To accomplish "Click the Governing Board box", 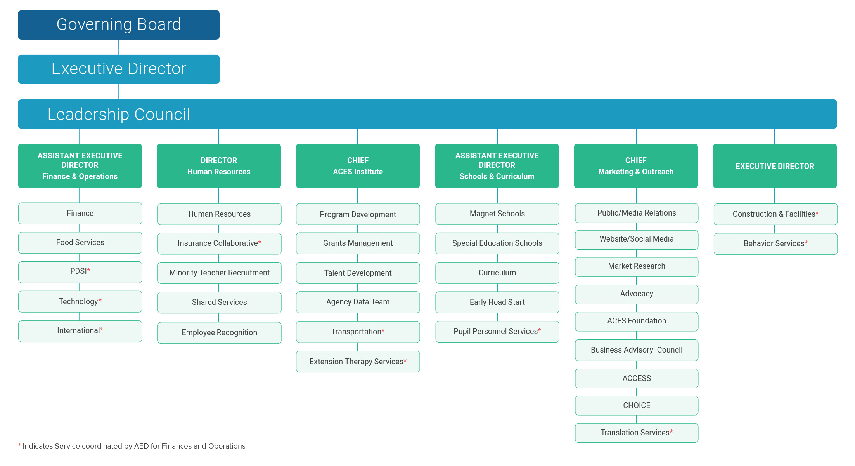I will click(119, 25).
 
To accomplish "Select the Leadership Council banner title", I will click(119, 114).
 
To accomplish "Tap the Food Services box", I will click(80, 243).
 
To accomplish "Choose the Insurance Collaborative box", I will click(219, 243).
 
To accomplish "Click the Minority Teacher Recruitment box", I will click(219, 273).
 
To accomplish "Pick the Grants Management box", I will click(358, 243).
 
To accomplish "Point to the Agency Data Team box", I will click(358, 302).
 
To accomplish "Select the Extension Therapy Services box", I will click(358, 362).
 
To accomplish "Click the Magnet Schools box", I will click(497, 214).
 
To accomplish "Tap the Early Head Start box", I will click(497, 302).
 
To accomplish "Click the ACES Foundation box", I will click(636, 321).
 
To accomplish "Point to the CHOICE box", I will click(636, 405).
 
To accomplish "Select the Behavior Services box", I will click(775, 244).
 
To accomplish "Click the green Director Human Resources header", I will click(219, 166).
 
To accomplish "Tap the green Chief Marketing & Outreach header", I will click(636, 166).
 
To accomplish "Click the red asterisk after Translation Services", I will click(671, 431).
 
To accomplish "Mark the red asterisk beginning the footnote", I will click(20, 445).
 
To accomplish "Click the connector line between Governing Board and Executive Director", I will click(119, 47).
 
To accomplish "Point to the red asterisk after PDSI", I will click(88, 270).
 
